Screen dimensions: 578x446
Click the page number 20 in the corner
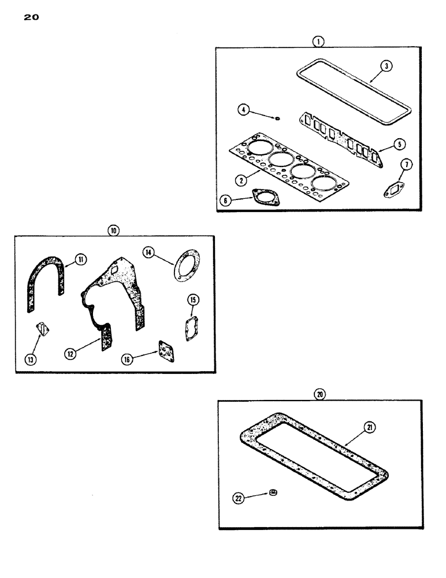click(31, 18)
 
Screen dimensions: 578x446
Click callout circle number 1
click(318, 41)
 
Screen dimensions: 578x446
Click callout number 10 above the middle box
click(113, 231)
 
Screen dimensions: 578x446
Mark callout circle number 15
click(193, 299)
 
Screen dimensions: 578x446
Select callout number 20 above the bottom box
click(320, 394)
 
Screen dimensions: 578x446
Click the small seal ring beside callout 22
click(272, 493)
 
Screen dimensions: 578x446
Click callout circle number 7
click(407, 165)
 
